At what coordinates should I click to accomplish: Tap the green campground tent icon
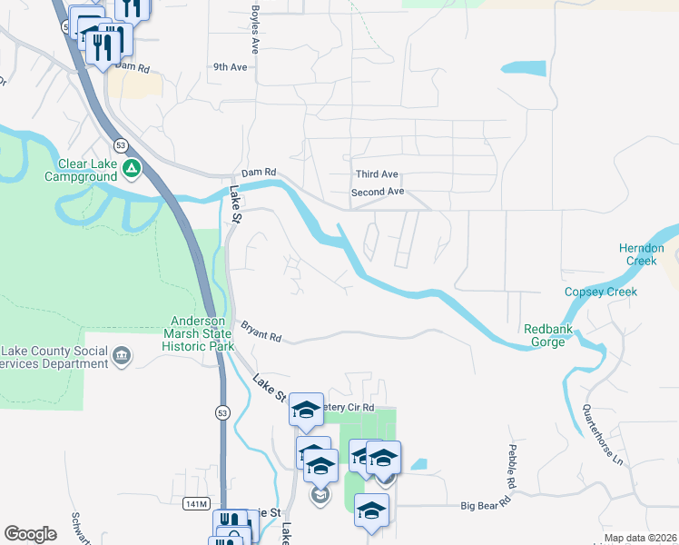133,168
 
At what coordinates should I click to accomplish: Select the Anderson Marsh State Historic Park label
203,333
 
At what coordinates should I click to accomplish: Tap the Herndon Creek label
643,254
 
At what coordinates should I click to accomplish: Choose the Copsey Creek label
601,292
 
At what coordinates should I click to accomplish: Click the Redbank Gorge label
549,335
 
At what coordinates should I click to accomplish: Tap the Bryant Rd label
261,331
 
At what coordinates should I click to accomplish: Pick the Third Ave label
377,173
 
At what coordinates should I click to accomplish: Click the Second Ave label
378,192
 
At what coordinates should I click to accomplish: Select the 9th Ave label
230,67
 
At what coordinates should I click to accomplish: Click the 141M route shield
196,504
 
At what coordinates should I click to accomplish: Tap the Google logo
31,533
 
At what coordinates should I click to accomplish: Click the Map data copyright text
640,538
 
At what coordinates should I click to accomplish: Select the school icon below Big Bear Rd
371,510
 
